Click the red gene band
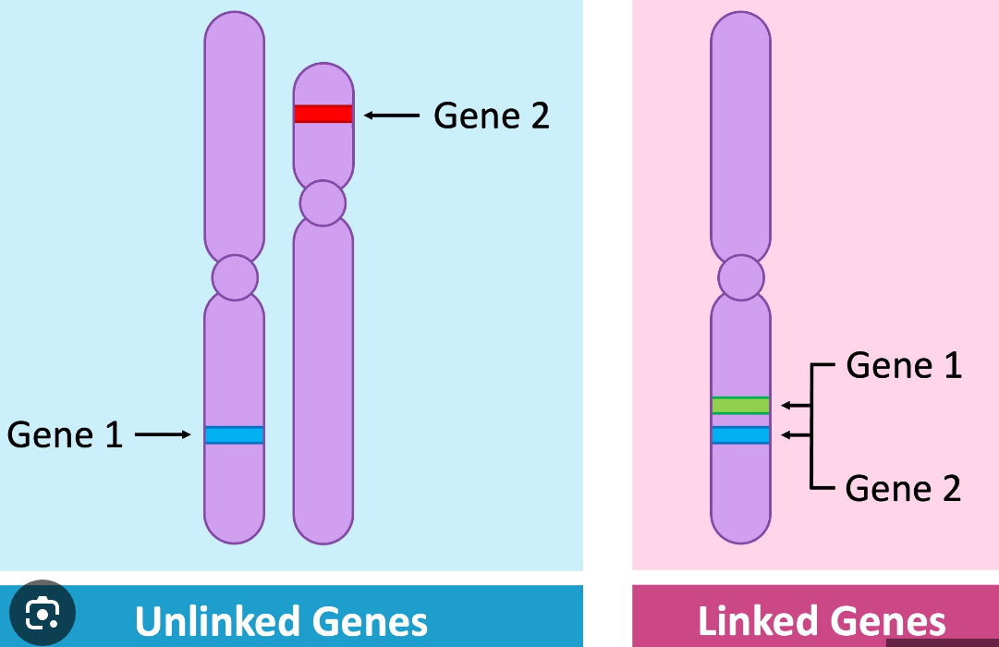click(x=323, y=114)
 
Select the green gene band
click(x=740, y=405)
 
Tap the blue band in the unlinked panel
click(x=234, y=434)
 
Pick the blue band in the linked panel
click(x=740, y=434)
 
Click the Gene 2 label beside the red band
click(x=492, y=116)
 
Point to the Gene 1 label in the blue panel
click(x=65, y=434)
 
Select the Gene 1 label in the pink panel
click(x=904, y=366)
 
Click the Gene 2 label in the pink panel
click(x=904, y=488)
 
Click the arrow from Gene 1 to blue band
click(x=163, y=434)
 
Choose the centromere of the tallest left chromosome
click(x=234, y=277)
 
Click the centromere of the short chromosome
click(x=323, y=203)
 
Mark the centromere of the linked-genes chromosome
click(x=740, y=278)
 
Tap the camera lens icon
click(x=43, y=614)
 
